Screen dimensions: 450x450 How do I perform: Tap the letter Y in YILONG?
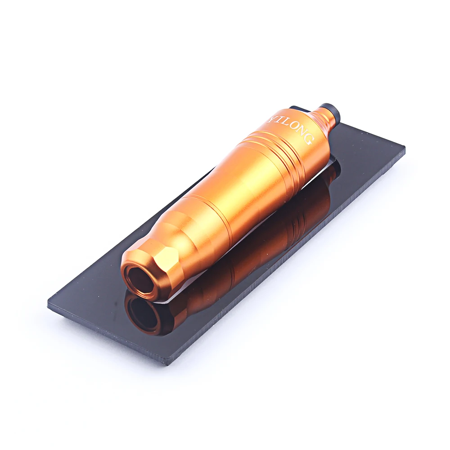(x=271, y=118)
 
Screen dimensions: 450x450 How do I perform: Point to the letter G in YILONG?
(x=307, y=140)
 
